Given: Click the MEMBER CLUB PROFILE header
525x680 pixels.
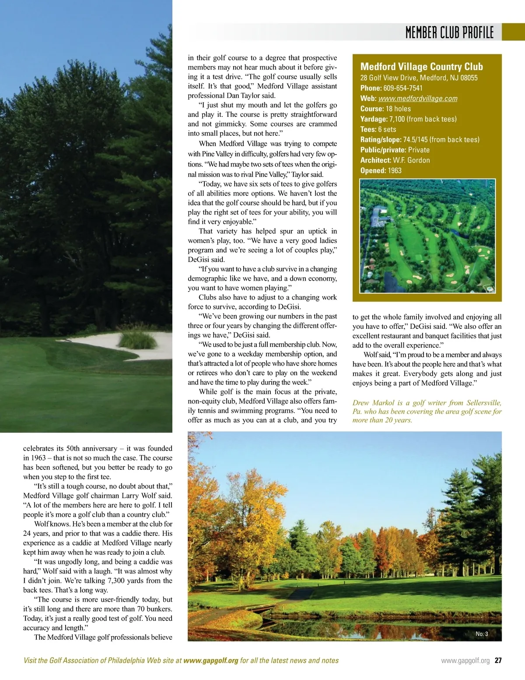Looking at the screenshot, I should click(x=449, y=32).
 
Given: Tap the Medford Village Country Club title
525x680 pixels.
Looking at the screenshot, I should click(x=421, y=67).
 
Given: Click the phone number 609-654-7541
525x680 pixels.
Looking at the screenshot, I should click(x=403, y=88).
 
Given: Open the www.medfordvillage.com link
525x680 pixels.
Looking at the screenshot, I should click(x=418, y=99).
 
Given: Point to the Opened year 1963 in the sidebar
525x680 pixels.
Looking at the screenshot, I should click(x=394, y=170).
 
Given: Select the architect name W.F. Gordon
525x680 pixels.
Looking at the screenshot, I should click(x=411, y=160).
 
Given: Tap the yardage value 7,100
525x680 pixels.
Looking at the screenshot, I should click(x=397, y=119).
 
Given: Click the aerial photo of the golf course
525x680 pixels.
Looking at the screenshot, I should click(x=427, y=236).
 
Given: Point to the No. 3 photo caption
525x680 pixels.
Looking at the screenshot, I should click(x=482, y=634).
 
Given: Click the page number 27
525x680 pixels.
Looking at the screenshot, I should click(x=498, y=661).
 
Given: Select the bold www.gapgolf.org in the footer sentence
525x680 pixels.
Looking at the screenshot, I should click(x=211, y=660).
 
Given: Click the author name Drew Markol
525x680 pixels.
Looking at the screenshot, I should click(x=372, y=403).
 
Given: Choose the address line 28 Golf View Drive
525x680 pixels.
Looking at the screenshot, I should click(x=419, y=78).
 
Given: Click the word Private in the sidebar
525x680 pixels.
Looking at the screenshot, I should click(x=419, y=150).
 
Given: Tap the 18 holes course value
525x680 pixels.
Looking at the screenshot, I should click(x=398, y=109).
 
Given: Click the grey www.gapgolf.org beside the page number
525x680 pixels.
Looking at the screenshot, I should click(x=465, y=661).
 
